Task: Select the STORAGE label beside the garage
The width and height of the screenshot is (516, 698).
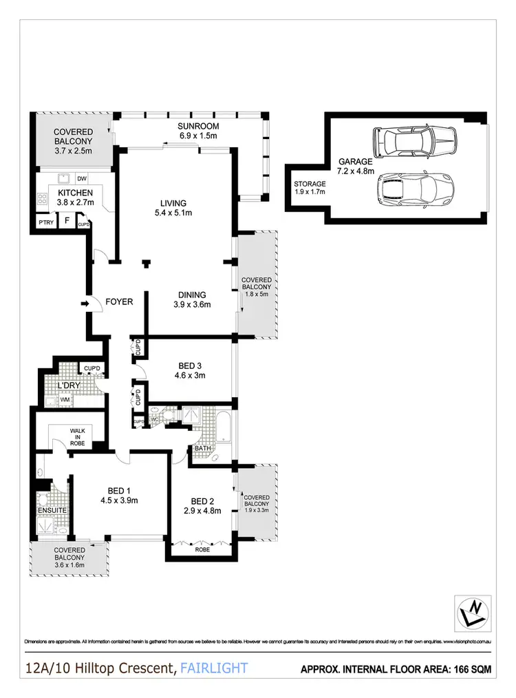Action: click(x=310, y=184)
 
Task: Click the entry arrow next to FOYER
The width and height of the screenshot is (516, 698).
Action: click(x=85, y=303)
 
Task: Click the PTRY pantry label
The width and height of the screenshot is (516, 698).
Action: click(x=46, y=222)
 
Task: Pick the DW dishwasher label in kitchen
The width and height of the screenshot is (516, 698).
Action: click(x=81, y=178)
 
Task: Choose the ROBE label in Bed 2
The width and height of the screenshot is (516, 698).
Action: click(x=201, y=550)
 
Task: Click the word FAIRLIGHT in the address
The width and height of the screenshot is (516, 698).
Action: click(x=214, y=668)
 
